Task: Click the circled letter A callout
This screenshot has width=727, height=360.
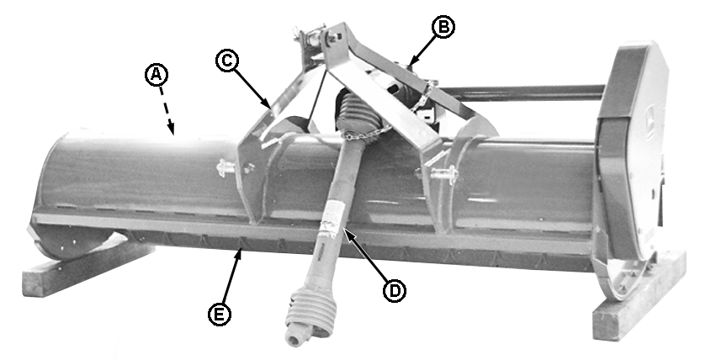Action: [157, 75]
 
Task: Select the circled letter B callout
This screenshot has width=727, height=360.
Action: [443, 27]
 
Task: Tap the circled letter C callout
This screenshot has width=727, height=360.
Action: [227, 61]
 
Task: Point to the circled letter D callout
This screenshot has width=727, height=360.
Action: [395, 290]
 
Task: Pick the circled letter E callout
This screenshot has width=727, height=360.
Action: [220, 314]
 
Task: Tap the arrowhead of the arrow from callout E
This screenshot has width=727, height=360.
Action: [239, 253]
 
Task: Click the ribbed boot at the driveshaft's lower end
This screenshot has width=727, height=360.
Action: [310, 315]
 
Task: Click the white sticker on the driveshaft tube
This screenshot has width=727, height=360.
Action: [333, 215]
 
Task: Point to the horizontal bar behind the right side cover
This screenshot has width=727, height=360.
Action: [521, 93]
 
